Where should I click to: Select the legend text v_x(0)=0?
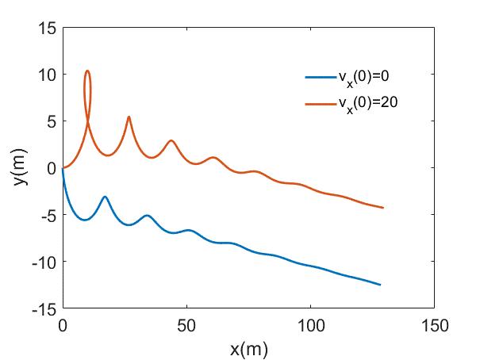click(362, 77)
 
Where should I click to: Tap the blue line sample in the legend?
click(321, 77)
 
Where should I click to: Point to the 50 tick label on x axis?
click(186, 324)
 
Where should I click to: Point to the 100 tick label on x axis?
click(310, 324)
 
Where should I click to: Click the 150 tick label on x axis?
click(435, 324)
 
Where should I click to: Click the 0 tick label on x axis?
click(62, 324)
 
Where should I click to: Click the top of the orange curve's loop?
click(87, 71)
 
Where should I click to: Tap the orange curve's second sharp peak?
click(129, 117)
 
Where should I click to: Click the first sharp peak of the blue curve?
click(105, 197)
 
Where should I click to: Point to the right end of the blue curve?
click(381, 285)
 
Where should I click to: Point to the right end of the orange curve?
click(383, 208)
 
